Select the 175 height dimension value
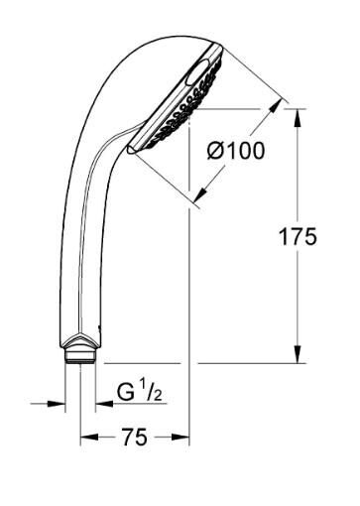pyautogui.click(x=297, y=236)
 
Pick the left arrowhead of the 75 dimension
pyautogui.click(x=87, y=437)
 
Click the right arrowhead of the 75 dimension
pyautogui.click(x=181, y=437)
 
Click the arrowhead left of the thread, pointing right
pyautogui.click(x=60, y=403)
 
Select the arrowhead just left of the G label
pyautogui.click(x=101, y=403)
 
